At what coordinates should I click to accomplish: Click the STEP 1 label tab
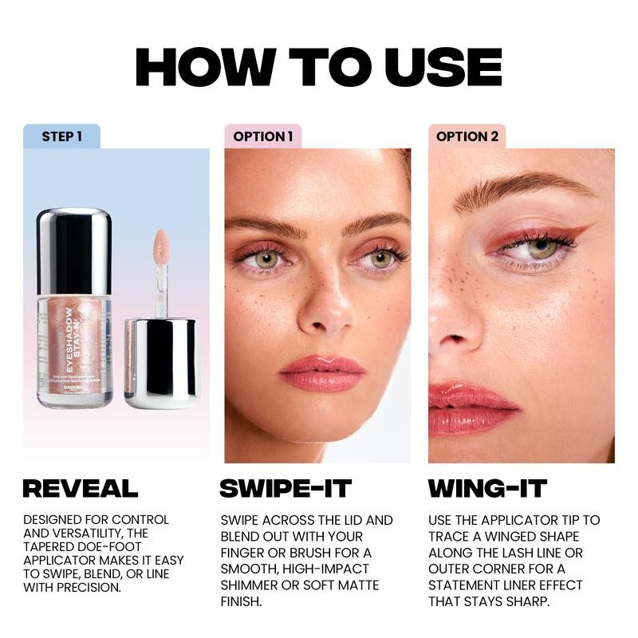[62, 136]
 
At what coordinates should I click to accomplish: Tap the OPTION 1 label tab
[263, 136]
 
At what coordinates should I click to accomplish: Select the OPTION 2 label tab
[467, 136]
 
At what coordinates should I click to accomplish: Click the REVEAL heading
[80, 488]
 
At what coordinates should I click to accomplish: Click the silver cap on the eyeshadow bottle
[73, 251]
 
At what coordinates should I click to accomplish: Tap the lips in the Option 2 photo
[471, 407]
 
